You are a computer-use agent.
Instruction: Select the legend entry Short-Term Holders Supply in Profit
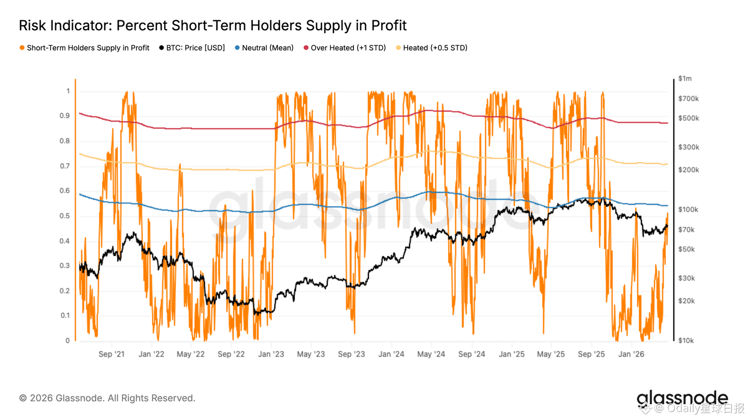(x=88, y=48)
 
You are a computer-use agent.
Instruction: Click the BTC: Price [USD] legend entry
(x=195, y=48)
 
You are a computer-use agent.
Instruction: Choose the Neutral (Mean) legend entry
(x=267, y=48)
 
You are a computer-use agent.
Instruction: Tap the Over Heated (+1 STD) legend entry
(x=348, y=48)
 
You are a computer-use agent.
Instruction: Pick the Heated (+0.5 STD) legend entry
(x=435, y=48)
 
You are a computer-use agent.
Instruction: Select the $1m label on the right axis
(x=685, y=78)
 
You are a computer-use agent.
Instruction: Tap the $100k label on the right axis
(x=688, y=210)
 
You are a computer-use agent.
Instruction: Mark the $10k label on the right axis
(x=686, y=341)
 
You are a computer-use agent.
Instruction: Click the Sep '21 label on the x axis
(x=112, y=354)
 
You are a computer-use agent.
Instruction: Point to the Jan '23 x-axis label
(x=271, y=354)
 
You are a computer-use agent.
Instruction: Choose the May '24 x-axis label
(x=431, y=354)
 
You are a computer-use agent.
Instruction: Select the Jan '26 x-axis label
(x=631, y=354)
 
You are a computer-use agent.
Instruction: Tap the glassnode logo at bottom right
(x=682, y=398)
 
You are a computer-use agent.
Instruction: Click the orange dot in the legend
(x=22, y=48)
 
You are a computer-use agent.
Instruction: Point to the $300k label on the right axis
(x=689, y=147)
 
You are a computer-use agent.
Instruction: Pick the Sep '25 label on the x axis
(x=591, y=354)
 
